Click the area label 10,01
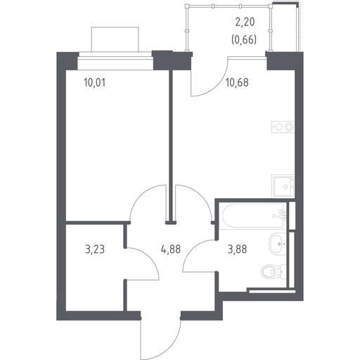(x=94, y=83)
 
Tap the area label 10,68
(x=237, y=83)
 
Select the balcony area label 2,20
(x=245, y=22)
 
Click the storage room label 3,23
(x=95, y=249)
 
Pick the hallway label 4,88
(x=171, y=249)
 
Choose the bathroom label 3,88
(x=237, y=249)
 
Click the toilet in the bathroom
(x=274, y=272)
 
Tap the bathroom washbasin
(x=278, y=244)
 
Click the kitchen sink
(x=283, y=186)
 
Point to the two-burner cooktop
(x=283, y=127)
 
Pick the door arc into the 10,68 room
(x=202, y=195)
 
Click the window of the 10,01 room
(x=115, y=60)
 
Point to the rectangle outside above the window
(x=115, y=39)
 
